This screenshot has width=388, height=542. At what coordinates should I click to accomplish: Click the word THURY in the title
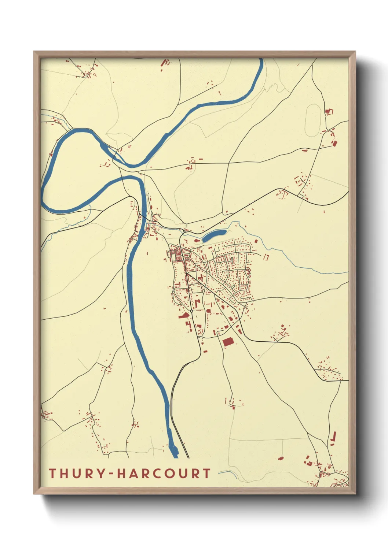77,473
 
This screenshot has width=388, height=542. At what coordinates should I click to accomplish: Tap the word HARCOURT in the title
164,473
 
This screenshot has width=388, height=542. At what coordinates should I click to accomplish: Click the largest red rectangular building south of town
228,342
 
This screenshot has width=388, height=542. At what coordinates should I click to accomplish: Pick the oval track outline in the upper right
313,120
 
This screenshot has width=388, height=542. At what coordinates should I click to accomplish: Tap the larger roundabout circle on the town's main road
191,311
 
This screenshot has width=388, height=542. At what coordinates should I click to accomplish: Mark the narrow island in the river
107,148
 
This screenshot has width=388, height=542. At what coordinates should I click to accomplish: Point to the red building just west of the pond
197,241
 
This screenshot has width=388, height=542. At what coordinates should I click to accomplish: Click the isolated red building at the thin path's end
281,458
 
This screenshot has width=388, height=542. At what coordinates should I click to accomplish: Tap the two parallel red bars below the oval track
304,150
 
